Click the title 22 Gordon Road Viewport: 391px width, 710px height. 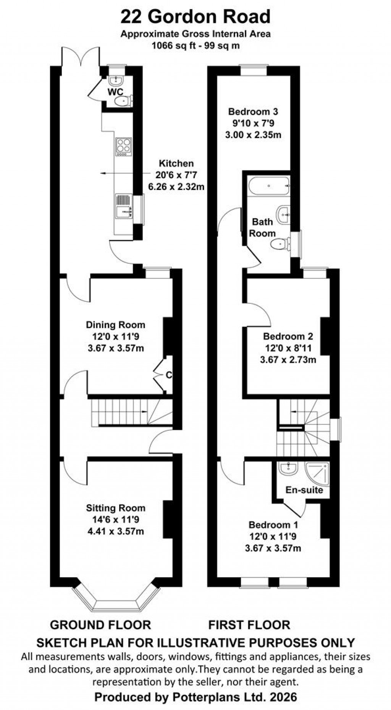point(195,17)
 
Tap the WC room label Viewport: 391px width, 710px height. point(115,92)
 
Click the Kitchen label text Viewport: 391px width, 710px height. point(176,164)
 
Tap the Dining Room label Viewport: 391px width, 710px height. point(115,325)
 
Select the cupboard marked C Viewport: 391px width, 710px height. point(168,375)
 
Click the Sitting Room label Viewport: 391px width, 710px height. point(115,508)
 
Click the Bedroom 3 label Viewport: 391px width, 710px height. point(253,112)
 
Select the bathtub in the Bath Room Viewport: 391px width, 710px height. point(269,186)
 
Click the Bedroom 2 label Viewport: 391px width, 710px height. point(288,336)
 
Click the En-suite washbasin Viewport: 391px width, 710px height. point(288,469)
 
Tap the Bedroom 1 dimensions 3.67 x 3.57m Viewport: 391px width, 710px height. point(273,548)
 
